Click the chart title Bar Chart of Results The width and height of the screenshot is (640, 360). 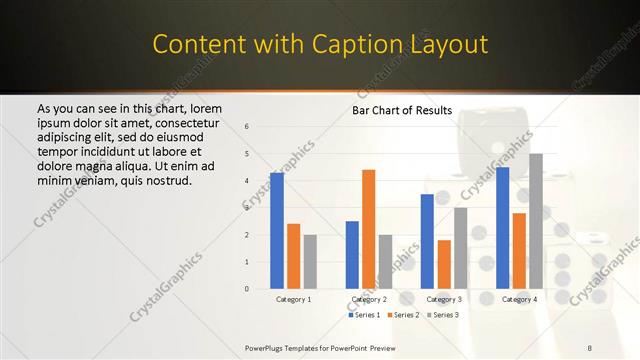tap(401, 110)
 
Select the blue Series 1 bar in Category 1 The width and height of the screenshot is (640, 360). tap(277, 230)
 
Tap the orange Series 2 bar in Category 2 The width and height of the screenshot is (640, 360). tap(368, 229)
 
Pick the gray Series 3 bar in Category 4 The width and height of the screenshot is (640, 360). tap(536, 221)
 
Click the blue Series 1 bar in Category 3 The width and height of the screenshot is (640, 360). tap(427, 241)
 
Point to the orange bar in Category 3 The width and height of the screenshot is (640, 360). tap(444, 264)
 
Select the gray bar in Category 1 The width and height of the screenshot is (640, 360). tap(310, 261)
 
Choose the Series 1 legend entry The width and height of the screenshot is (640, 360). tap(363, 315)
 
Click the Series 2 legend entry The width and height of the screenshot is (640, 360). tap(401, 315)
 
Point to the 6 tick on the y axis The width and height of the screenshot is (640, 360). tap(247, 127)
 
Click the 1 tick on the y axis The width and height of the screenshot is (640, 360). tap(247, 262)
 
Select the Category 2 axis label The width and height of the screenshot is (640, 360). tap(369, 299)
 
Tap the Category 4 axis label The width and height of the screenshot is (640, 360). tap(519, 299)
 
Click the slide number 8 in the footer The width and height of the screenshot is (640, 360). tap(590, 348)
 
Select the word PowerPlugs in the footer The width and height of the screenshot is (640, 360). tap(266, 348)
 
